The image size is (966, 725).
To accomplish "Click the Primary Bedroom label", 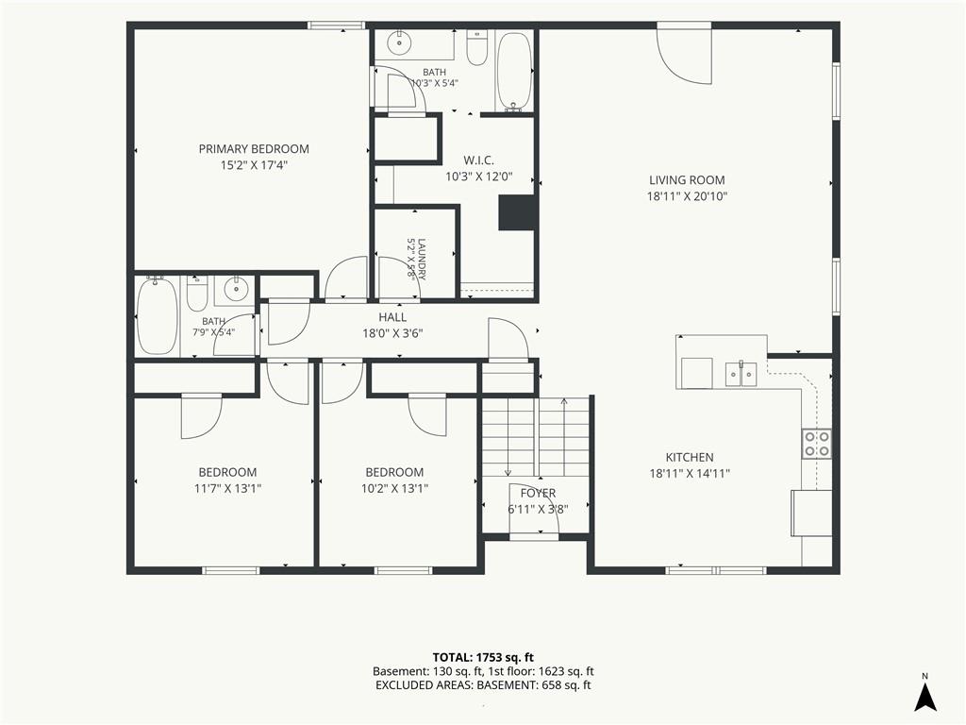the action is (254, 148).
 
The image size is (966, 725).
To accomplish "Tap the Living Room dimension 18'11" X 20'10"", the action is (687, 196).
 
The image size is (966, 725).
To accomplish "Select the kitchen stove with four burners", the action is (817, 444).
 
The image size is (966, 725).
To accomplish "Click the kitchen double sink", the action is (741, 373).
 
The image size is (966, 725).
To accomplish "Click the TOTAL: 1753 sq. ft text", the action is (478, 657).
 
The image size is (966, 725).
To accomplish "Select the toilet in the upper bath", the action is (476, 48).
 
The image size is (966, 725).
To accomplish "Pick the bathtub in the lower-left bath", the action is (158, 315).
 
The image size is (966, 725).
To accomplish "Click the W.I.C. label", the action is (478, 160).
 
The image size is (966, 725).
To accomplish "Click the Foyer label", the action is (538, 493).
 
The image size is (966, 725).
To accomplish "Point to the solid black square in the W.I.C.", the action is (516, 212).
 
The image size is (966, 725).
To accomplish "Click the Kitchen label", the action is (690, 458).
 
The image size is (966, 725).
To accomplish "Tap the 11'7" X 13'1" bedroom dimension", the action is (227, 489).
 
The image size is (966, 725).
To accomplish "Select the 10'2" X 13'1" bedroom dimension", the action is (394, 489).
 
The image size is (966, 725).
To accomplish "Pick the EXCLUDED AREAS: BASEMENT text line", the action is (483, 685).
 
